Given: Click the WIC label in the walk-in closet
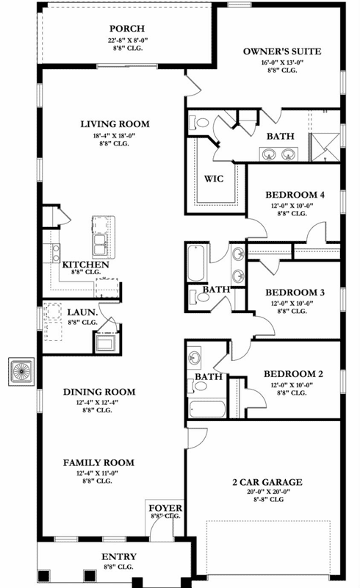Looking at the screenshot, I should click(x=213, y=179).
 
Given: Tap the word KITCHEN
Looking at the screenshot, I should click(x=86, y=265).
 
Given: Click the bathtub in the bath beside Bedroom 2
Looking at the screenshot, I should click(x=209, y=408).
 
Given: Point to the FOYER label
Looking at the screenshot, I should click(x=165, y=508).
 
